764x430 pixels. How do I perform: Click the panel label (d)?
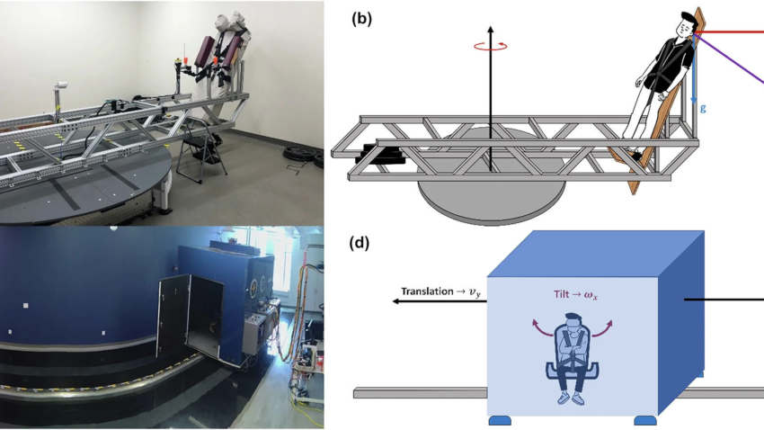tap(362, 244)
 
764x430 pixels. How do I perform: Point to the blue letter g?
tap(703, 108)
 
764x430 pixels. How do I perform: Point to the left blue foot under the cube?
tap(501, 420)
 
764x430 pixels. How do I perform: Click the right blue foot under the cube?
tap(645, 420)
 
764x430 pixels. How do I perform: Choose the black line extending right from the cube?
tap(724, 300)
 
